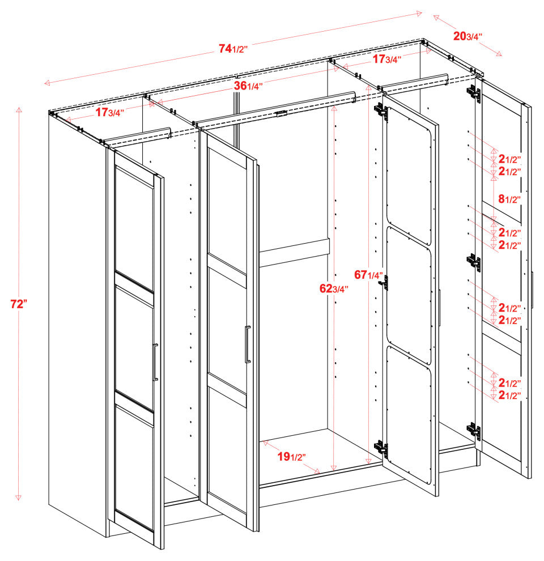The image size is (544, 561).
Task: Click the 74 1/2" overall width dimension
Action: point(233,49)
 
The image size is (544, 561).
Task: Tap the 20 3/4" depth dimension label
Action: point(467,36)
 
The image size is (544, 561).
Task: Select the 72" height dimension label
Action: point(19,304)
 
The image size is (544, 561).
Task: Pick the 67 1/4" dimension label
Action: point(369,275)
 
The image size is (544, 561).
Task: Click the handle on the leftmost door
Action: point(155,363)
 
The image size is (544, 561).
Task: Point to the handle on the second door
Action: point(246,344)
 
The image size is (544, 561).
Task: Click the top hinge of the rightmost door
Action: point(474,92)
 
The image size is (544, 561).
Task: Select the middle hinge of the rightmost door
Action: point(474,262)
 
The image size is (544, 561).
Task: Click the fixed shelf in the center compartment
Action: point(295,252)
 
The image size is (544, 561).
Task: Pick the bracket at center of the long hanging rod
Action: point(280,113)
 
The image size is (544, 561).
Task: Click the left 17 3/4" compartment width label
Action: point(109,112)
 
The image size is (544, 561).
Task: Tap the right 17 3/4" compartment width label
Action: point(387,59)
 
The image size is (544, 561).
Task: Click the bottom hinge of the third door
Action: point(381,450)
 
